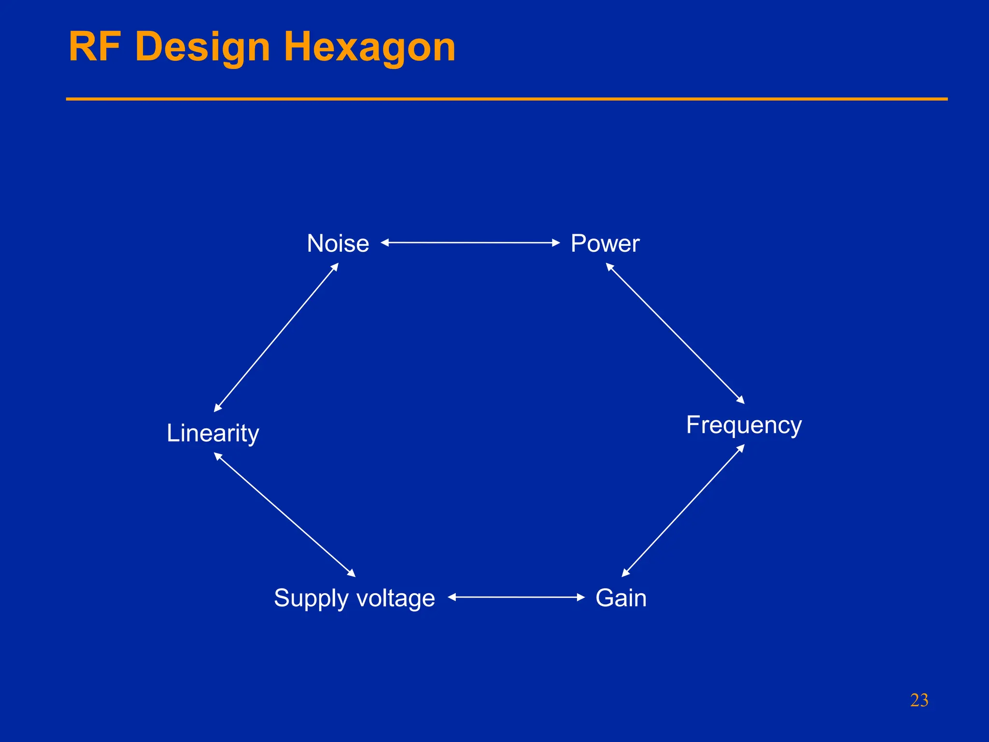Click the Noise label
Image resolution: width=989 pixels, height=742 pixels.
(x=338, y=243)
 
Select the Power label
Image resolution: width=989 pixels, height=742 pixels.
(x=605, y=243)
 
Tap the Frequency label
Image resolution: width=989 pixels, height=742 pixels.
(x=744, y=425)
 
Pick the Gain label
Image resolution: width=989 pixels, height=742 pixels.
(x=621, y=598)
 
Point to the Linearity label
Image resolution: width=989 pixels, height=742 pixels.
(x=212, y=433)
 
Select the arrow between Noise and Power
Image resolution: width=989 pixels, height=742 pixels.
(x=470, y=243)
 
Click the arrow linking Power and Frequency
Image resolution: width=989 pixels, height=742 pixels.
(x=675, y=333)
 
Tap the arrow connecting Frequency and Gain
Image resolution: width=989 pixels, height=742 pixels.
(x=683, y=511)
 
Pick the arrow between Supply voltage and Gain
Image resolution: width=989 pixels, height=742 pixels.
(x=516, y=597)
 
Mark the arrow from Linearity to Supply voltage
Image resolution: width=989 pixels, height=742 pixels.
(x=284, y=514)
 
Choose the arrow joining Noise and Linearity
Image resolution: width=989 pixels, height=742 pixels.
(x=276, y=337)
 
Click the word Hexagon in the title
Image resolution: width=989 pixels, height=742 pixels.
(x=369, y=47)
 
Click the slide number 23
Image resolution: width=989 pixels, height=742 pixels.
(x=919, y=700)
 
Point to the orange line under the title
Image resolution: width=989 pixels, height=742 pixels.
(x=507, y=99)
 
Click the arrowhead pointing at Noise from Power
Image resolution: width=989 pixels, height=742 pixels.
(x=385, y=243)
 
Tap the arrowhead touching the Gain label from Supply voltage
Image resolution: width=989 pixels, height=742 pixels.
(x=580, y=597)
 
